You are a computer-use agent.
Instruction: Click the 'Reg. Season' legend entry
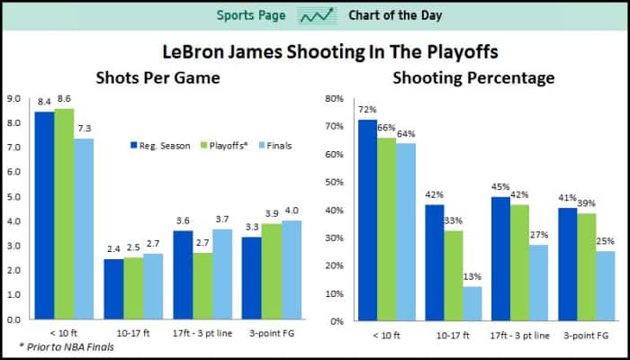159,144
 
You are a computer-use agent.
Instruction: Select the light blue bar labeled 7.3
84,229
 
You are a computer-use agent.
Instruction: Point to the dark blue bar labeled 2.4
113,289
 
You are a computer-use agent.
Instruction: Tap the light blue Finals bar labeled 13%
472,303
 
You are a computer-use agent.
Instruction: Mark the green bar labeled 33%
453,275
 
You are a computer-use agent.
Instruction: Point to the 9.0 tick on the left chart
14,98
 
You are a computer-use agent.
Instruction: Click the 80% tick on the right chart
332,98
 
